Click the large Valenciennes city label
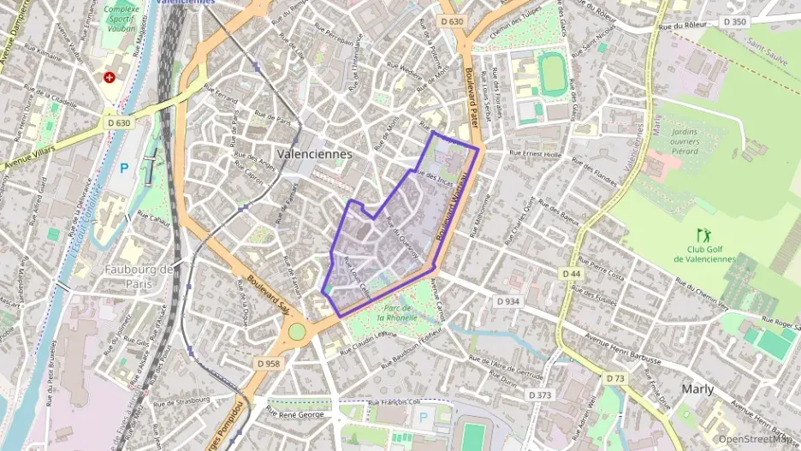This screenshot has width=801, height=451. click(x=314, y=153)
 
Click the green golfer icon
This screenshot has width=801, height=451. click(x=703, y=234)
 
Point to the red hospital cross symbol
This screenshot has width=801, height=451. click(x=110, y=77)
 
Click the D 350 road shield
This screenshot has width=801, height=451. click(x=733, y=21)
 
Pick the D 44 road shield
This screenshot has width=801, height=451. click(x=572, y=273)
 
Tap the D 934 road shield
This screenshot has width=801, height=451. click(x=507, y=301)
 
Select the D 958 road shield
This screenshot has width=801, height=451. click(x=268, y=364)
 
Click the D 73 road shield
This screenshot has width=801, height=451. click(x=614, y=377)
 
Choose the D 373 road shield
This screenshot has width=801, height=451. click(x=539, y=395)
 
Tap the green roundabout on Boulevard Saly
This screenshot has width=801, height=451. click(x=297, y=331)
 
